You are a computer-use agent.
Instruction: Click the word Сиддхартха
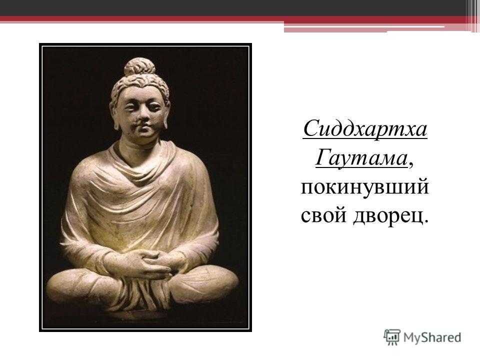tap(365, 129)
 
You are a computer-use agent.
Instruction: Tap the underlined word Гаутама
tap(361, 158)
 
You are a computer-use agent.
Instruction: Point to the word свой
tap(324, 215)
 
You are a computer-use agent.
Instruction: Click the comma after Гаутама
tap(411, 164)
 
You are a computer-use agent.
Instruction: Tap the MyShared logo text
tap(432, 337)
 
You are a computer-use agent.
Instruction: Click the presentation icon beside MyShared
tap(392, 337)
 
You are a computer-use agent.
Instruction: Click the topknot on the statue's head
tap(140, 66)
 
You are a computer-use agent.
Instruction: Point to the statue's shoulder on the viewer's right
tap(193, 165)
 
